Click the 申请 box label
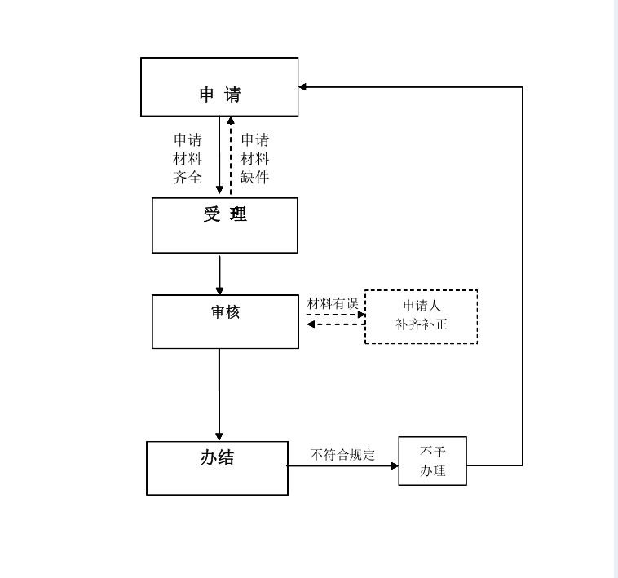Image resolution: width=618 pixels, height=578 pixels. point(220,95)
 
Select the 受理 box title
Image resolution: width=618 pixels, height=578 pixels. point(225,215)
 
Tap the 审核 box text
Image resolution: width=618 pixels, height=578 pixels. point(225,311)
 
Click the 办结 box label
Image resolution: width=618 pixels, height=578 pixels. point(217,458)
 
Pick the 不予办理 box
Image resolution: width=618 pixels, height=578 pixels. point(432,461)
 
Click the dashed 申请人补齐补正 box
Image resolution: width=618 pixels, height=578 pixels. point(421,316)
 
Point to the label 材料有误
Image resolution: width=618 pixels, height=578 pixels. point(333,303)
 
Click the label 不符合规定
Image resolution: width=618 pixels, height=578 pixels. point(342,455)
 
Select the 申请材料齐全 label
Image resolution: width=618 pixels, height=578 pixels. point(188,158)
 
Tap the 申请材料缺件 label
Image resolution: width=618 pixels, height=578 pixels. point(254,158)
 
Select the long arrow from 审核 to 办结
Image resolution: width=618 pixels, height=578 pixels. point(219,395)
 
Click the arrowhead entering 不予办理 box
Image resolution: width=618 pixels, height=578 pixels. point(395,465)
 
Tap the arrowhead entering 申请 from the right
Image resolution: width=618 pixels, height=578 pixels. point(302,86)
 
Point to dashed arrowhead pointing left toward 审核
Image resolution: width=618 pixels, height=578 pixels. point(311,324)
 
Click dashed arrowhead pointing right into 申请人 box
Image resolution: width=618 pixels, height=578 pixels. point(361,314)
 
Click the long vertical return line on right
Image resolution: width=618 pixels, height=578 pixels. point(522,277)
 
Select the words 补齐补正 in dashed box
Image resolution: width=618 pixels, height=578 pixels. point(422,324)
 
